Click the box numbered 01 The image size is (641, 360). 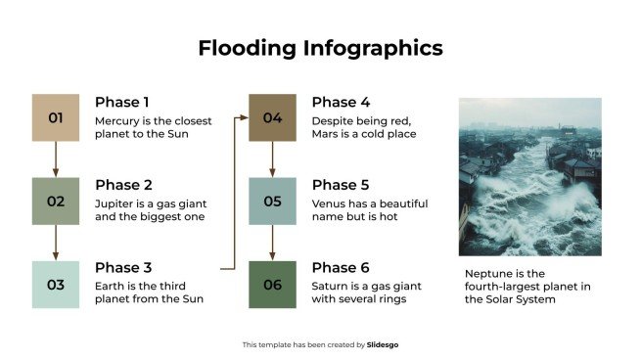(55, 118)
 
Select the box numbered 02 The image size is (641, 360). (55, 202)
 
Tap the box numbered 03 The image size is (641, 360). (55, 285)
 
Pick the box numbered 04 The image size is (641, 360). (272, 118)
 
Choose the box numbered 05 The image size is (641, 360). (272, 202)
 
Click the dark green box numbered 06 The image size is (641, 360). (272, 285)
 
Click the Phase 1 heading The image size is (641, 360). (122, 102)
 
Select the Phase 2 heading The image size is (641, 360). (123, 185)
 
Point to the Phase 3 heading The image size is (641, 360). (123, 268)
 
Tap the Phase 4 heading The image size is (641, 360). (341, 102)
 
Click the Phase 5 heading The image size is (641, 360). (341, 185)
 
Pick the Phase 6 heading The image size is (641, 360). (341, 268)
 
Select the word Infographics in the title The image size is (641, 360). (372, 48)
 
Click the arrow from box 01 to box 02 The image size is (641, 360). (55, 159)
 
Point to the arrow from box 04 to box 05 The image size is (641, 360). (272, 159)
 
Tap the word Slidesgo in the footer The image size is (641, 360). (382, 344)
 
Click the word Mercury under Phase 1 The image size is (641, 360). (117, 120)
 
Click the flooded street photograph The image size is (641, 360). (529, 176)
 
